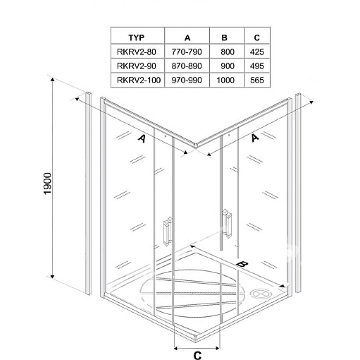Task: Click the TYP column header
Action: (136, 37)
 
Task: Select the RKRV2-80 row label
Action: (136, 52)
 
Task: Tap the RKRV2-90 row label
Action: (136, 66)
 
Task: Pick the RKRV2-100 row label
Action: (139, 80)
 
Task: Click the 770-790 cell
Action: (187, 52)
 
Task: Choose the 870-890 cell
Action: (187, 66)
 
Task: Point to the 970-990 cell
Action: (187, 80)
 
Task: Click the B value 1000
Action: (225, 80)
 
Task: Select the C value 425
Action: (257, 52)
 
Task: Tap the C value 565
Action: (257, 80)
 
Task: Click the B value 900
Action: (228, 66)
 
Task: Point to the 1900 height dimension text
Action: (48, 184)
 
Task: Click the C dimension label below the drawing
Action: (197, 355)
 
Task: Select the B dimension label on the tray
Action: (243, 264)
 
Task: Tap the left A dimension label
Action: (142, 139)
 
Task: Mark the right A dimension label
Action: (255, 138)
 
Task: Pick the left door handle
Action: (168, 231)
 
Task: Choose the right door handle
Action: (227, 223)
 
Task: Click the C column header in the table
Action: (257, 37)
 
